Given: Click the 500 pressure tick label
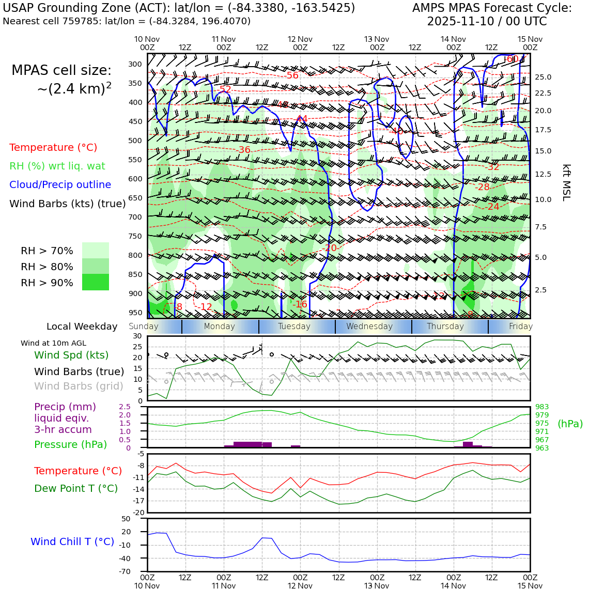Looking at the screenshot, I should (x=135, y=141).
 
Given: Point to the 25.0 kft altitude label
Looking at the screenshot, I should (x=542, y=77).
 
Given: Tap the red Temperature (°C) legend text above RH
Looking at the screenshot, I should (x=53, y=147).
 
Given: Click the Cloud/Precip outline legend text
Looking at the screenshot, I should (x=60, y=184).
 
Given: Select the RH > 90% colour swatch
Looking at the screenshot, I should (x=96, y=282).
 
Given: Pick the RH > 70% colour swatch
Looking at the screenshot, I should (x=96, y=251).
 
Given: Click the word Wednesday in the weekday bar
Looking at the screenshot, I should (x=369, y=327).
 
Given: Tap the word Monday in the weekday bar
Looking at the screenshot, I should (x=219, y=327).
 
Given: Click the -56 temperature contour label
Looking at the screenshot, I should (x=292, y=75).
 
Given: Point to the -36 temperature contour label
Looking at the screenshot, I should (x=244, y=150).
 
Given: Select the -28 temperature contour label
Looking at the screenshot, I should (x=483, y=187).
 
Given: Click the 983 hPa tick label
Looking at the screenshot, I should (x=542, y=407).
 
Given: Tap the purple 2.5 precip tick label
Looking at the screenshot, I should (x=125, y=407).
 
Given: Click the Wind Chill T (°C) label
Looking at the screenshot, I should (x=72, y=541).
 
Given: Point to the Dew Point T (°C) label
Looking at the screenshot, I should (x=76, y=488).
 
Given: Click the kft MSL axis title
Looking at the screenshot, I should (x=566, y=182).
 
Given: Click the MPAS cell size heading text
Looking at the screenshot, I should (x=61, y=70).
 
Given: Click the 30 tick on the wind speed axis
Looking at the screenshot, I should (x=137, y=336).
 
